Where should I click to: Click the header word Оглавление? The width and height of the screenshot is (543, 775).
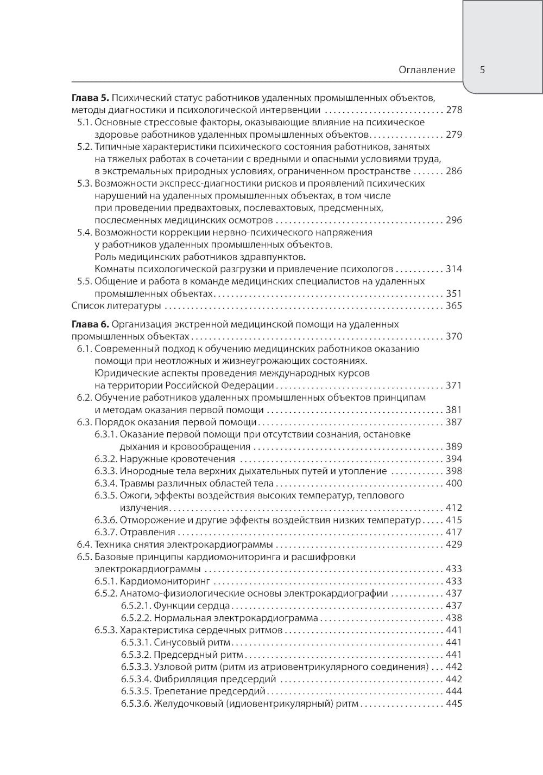coord(427,70)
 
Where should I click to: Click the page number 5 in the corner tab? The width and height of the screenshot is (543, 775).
coord(482,70)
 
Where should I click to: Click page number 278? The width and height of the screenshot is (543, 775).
coord(453,110)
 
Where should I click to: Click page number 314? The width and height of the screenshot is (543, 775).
coord(453,269)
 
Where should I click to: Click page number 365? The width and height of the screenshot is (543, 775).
coord(453,306)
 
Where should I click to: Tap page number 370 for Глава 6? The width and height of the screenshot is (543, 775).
coord(453,337)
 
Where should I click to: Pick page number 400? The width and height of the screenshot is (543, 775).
coord(453,483)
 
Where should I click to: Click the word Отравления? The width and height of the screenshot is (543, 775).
coord(147,532)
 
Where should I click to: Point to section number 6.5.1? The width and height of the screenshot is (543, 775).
coord(105,581)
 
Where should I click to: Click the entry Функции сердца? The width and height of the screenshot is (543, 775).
coord(192,605)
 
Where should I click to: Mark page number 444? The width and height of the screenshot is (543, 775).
coord(453,691)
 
